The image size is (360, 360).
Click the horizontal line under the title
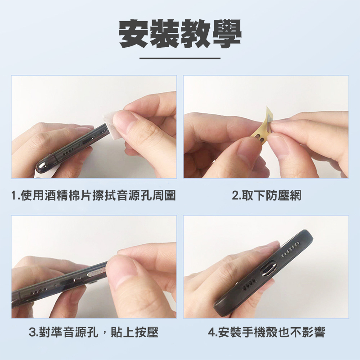180,58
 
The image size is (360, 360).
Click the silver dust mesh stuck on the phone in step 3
96,273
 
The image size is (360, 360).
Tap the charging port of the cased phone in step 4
268,269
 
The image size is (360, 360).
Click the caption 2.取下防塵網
266,196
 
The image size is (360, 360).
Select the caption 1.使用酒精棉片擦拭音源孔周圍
94,196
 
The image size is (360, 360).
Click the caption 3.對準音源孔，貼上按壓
94,332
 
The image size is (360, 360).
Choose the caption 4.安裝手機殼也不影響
266,332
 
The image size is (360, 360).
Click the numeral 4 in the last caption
211,333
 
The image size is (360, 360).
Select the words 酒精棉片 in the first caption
68,196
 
